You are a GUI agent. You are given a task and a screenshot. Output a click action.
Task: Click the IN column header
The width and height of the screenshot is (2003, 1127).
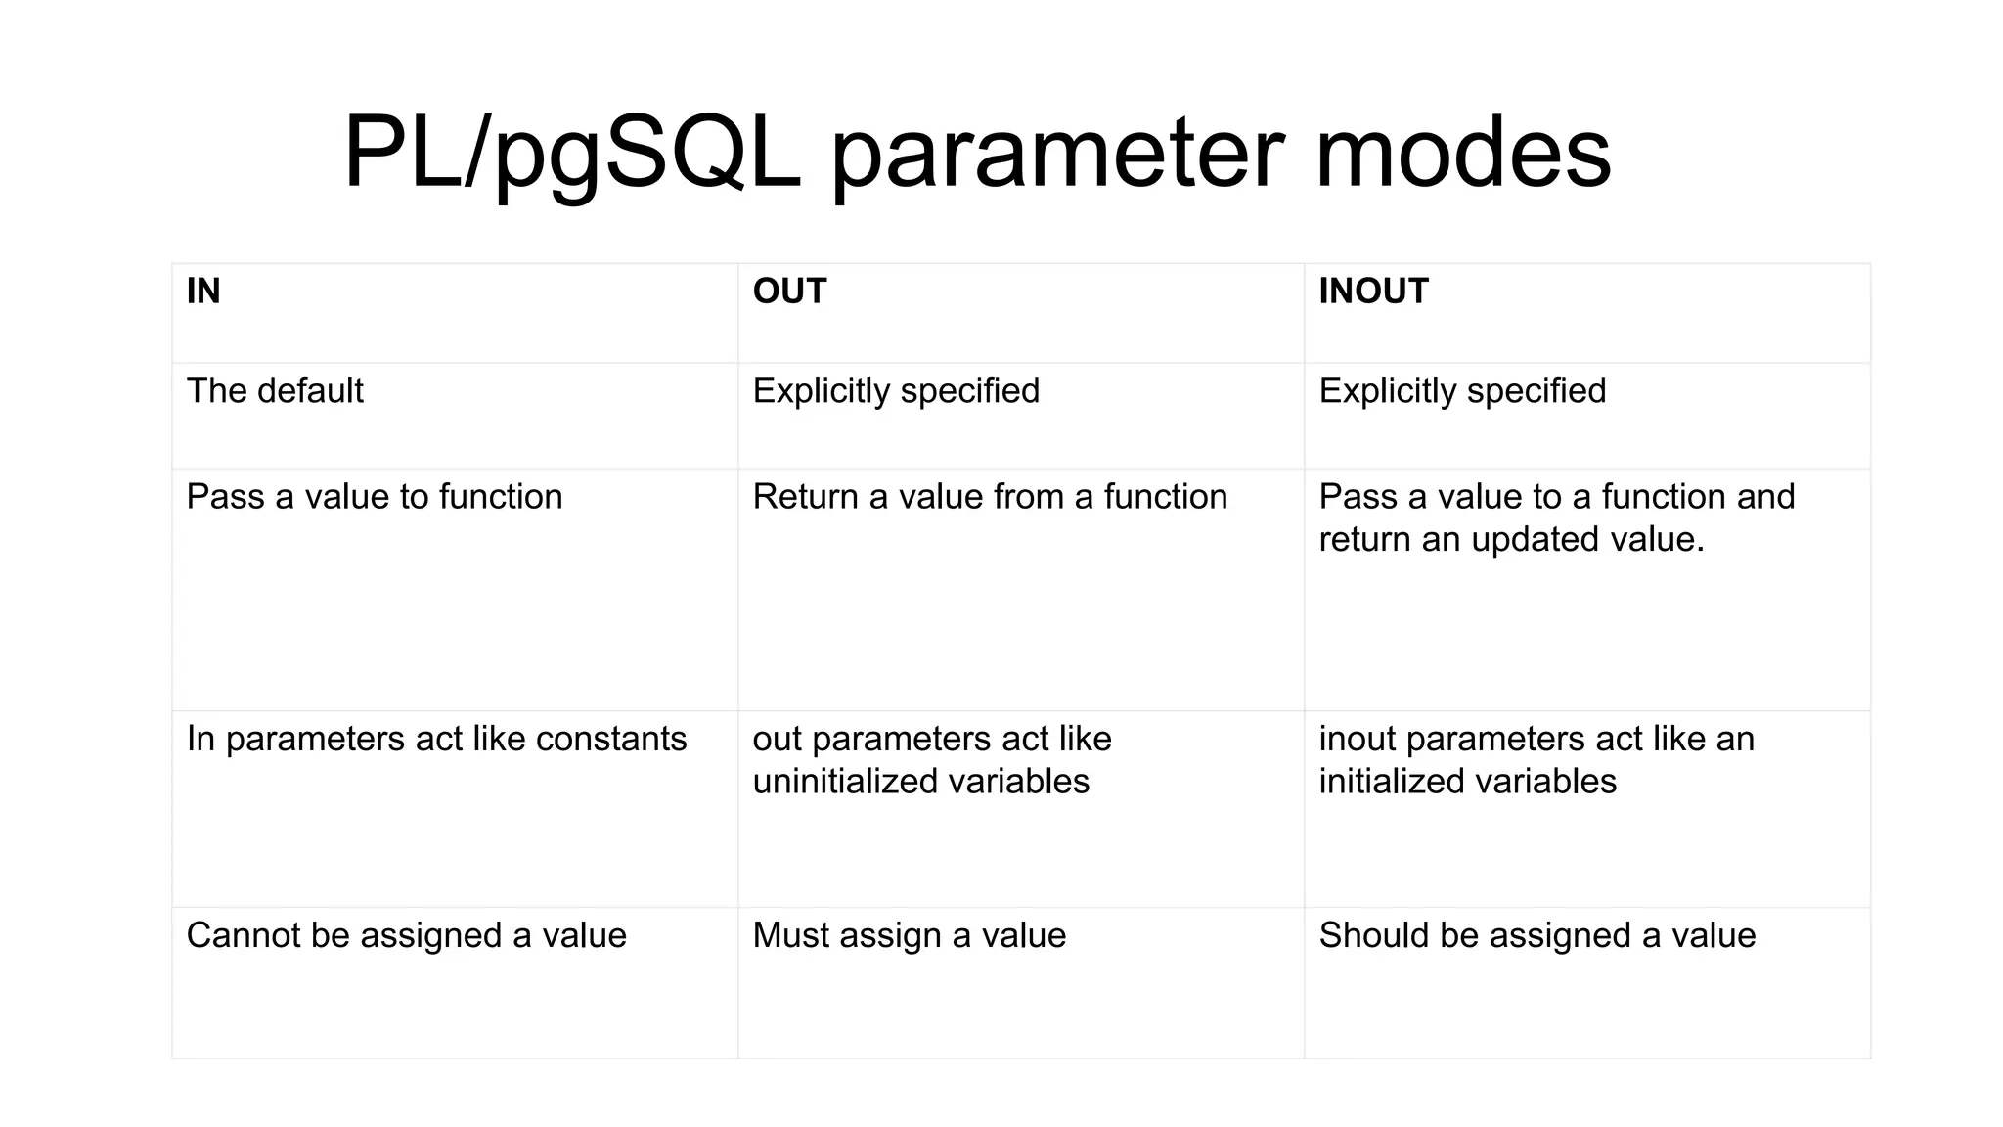point(203,292)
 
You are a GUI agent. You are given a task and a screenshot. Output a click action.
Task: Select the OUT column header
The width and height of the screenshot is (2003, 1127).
point(789,292)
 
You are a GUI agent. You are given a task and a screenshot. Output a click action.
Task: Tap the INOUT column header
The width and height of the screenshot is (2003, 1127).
point(1373,292)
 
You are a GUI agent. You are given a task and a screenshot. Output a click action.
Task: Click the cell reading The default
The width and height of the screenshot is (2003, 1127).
point(275,391)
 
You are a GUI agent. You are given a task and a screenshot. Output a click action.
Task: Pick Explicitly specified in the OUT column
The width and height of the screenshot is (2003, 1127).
point(895,391)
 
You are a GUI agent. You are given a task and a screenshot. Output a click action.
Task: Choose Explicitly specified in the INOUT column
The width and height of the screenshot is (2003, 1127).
point(1461,391)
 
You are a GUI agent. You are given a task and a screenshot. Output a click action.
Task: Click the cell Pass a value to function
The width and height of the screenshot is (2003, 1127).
point(374,497)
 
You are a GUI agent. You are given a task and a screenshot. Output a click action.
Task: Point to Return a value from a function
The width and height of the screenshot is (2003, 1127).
point(989,497)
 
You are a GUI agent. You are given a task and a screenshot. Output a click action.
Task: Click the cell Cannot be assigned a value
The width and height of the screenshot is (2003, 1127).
point(406,936)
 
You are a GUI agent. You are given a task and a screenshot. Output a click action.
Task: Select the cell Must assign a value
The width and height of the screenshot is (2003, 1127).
point(909,936)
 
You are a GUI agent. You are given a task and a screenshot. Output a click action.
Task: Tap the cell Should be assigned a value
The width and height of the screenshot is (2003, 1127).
point(1536,936)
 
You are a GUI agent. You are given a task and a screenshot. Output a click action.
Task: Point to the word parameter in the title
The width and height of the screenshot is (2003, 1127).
point(1057,154)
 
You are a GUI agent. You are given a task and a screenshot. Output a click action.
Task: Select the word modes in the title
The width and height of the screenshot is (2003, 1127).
point(1462,154)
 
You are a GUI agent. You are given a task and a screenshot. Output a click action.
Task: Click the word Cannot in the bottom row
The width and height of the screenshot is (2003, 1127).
point(243,936)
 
